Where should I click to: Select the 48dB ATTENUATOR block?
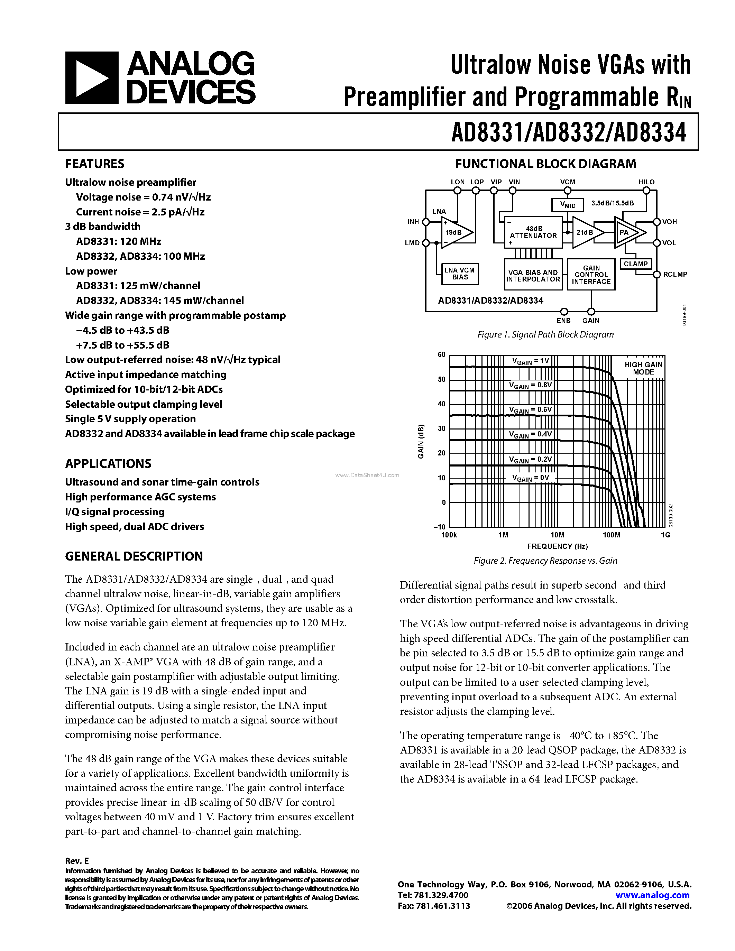533,232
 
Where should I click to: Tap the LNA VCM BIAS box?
460,274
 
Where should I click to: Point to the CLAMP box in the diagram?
635,264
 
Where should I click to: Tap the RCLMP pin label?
674,274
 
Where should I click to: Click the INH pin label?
413,222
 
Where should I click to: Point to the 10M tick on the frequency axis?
557,535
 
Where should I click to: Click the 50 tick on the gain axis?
442,379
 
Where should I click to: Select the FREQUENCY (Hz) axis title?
557,546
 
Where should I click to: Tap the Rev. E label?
77,861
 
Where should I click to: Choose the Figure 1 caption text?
545,334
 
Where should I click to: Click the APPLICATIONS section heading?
108,463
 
